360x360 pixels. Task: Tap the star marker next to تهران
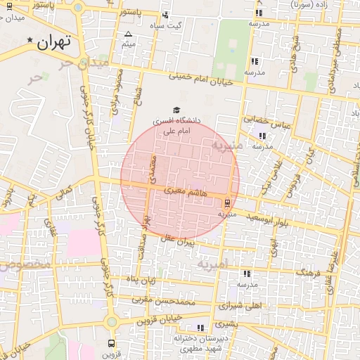[x=30, y=40]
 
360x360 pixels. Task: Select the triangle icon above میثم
[x=128, y=34]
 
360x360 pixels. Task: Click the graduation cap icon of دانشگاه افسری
[x=176, y=110]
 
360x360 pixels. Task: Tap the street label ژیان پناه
[x=140, y=280]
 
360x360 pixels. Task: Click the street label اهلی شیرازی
[x=239, y=306]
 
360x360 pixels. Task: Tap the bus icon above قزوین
[x=111, y=344]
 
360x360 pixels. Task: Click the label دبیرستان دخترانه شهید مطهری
[x=199, y=342]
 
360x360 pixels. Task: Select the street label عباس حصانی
[x=267, y=121]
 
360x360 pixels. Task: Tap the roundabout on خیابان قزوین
[x=110, y=322]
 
